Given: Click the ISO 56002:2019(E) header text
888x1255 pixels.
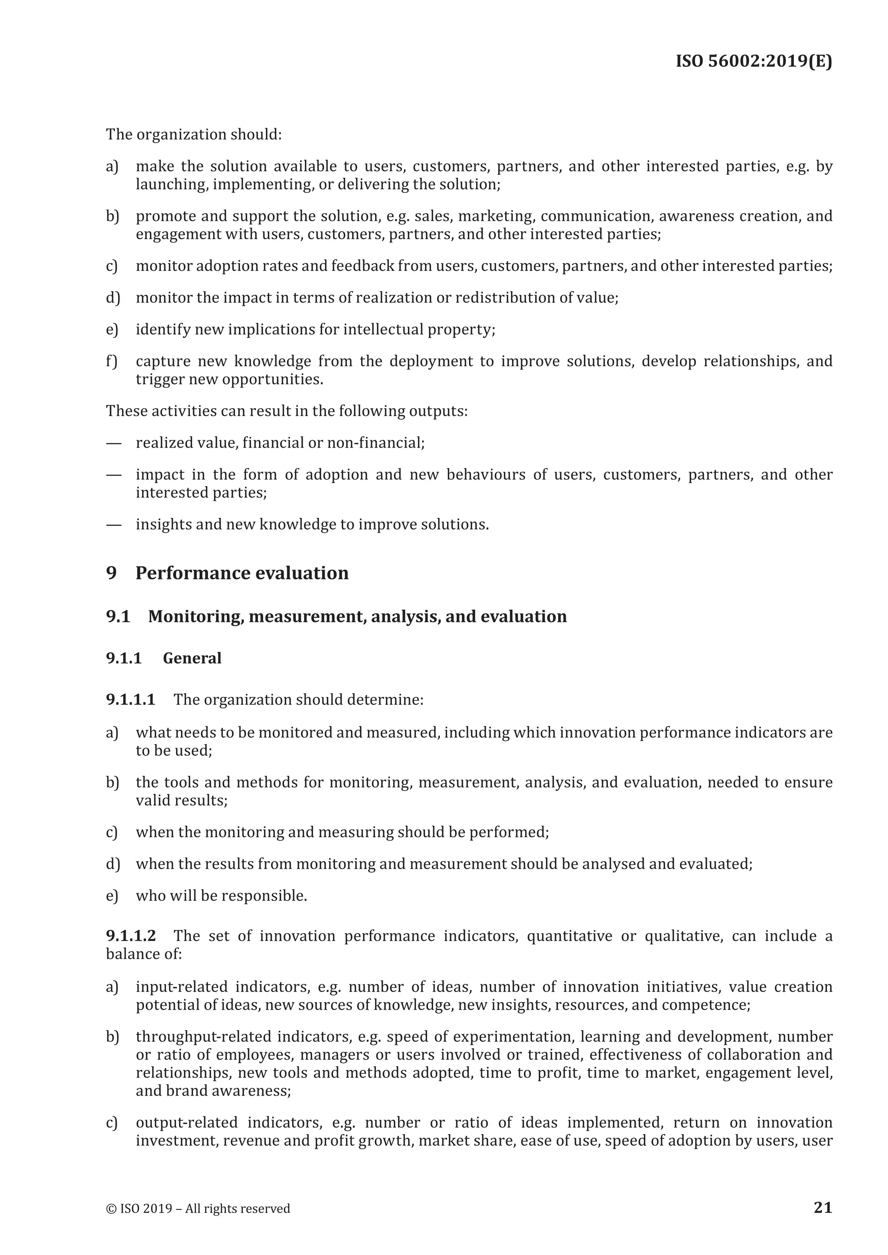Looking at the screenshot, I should [754, 61].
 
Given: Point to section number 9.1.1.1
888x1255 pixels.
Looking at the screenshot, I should [131, 699].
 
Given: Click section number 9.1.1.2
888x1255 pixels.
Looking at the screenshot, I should [131, 936].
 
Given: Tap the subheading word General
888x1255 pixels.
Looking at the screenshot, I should [192, 658].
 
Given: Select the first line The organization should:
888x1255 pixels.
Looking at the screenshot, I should [193, 134].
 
